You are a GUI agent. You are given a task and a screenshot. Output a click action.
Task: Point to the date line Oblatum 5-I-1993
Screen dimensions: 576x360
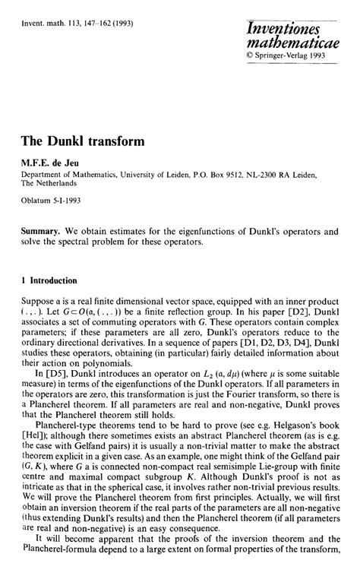click(52, 202)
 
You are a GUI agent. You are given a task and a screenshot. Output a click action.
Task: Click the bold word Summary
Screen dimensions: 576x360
click(42, 229)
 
